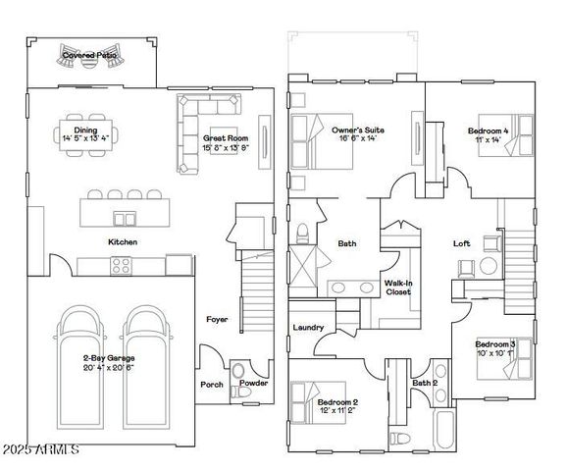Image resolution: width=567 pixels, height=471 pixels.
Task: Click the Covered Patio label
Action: pyautogui.click(x=90, y=56)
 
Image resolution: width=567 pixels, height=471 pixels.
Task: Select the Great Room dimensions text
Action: pyautogui.click(x=226, y=148)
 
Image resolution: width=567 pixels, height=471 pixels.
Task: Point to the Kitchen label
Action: pyautogui.click(x=123, y=241)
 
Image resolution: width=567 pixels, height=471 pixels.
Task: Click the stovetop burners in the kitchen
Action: pyautogui.click(x=122, y=264)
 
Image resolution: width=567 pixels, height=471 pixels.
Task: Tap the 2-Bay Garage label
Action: pyautogui.click(x=109, y=358)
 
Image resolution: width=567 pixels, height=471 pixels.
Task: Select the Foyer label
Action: pyautogui.click(x=217, y=319)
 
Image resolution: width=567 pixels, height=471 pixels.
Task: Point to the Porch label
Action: pyautogui.click(x=212, y=384)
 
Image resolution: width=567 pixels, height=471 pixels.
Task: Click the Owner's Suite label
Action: pyautogui.click(x=357, y=130)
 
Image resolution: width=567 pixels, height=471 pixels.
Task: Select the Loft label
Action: pyautogui.click(x=461, y=243)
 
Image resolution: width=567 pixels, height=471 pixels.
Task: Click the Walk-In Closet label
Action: pyautogui.click(x=398, y=287)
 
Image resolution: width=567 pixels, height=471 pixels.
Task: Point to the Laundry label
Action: pyautogui.click(x=308, y=328)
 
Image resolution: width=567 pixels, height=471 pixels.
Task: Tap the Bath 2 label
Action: pyautogui.click(x=424, y=383)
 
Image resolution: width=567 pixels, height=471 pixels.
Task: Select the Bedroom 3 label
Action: pyautogui.click(x=494, y=344)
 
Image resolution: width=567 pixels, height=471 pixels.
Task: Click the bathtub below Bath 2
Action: pyautogui.click(x=440, y=428)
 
